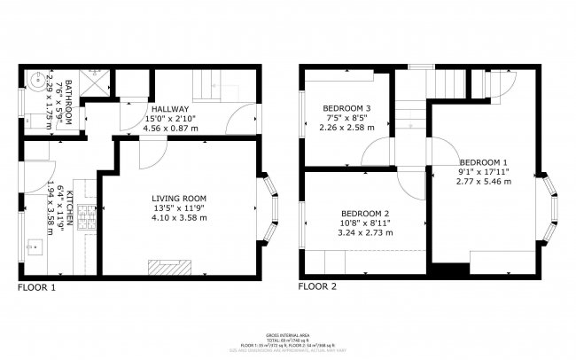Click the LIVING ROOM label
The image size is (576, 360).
[178, 198]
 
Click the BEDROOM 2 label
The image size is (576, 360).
[366, 214]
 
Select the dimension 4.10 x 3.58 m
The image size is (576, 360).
[178, 217]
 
